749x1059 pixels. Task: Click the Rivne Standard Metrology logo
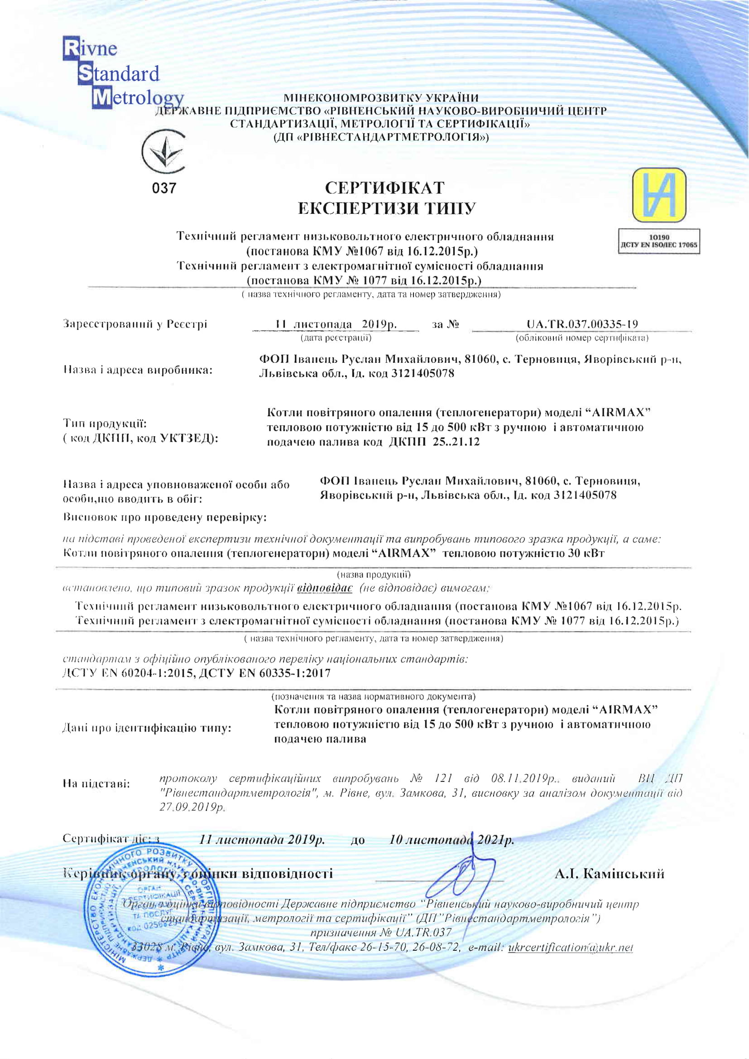(113, 74)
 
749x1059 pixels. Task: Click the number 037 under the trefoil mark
(164, 188)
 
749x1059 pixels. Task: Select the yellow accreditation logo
(658, 196)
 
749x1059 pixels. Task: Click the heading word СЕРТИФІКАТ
(384, 188)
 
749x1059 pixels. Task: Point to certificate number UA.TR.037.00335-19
(582, 324)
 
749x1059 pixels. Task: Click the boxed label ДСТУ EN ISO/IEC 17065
(658, 245)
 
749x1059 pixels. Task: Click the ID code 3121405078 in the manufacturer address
(423, 374)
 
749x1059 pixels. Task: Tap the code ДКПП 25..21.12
(434, 442)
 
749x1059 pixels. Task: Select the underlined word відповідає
(325, 588)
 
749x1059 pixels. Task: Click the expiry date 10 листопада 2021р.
(451, 840)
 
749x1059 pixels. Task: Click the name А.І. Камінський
(609, 874)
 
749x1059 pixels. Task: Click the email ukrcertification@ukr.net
(570, 948)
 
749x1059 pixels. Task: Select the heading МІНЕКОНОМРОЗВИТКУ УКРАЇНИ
(381, 98)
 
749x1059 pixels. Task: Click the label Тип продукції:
(105, 424)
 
